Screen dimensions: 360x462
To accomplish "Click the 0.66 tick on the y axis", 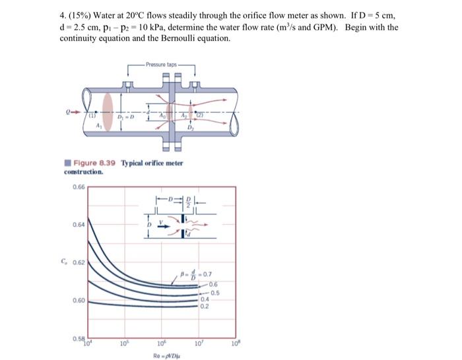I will click(78, 187).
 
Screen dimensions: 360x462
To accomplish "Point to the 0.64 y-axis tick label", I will click(78, 224).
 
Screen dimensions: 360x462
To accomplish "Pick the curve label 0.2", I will click(205, 305).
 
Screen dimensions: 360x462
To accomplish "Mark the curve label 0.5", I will click(215, 293).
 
